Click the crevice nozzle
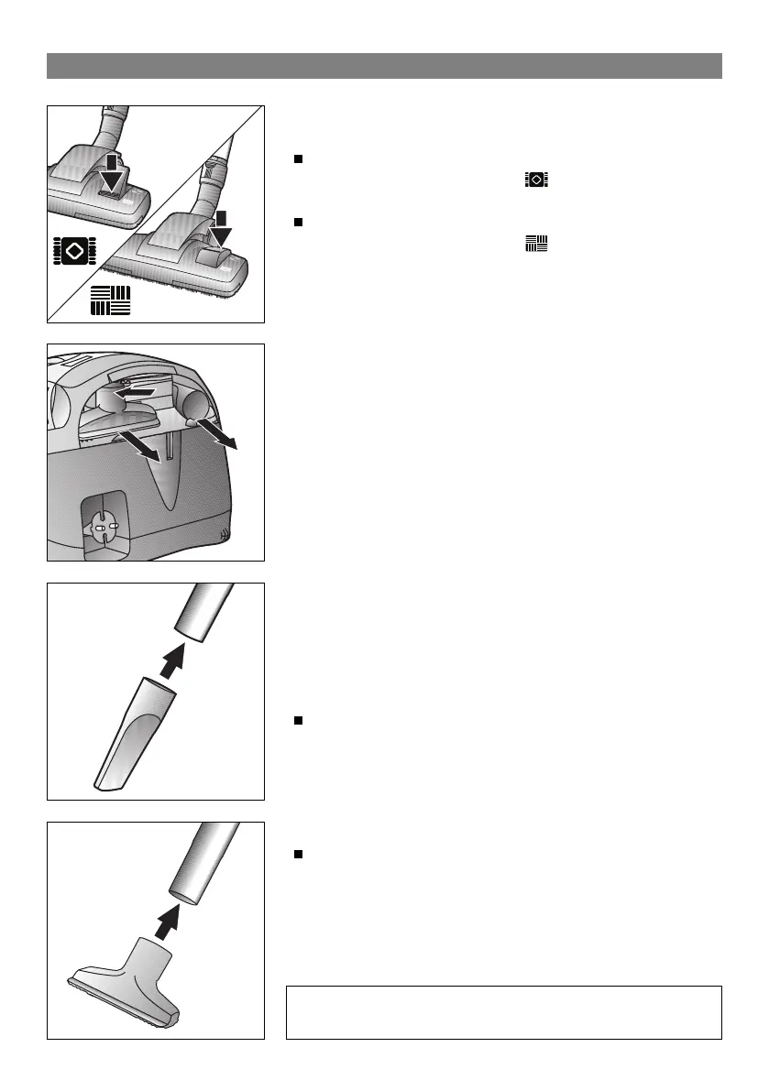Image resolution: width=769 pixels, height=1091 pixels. [x=130, y=733]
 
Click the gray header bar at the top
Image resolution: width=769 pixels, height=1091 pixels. [x=384, y=66]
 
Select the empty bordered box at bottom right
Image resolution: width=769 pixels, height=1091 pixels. [x=503, y=1012]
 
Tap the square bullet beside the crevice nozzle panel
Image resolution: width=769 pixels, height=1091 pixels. [x=298, y=722]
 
